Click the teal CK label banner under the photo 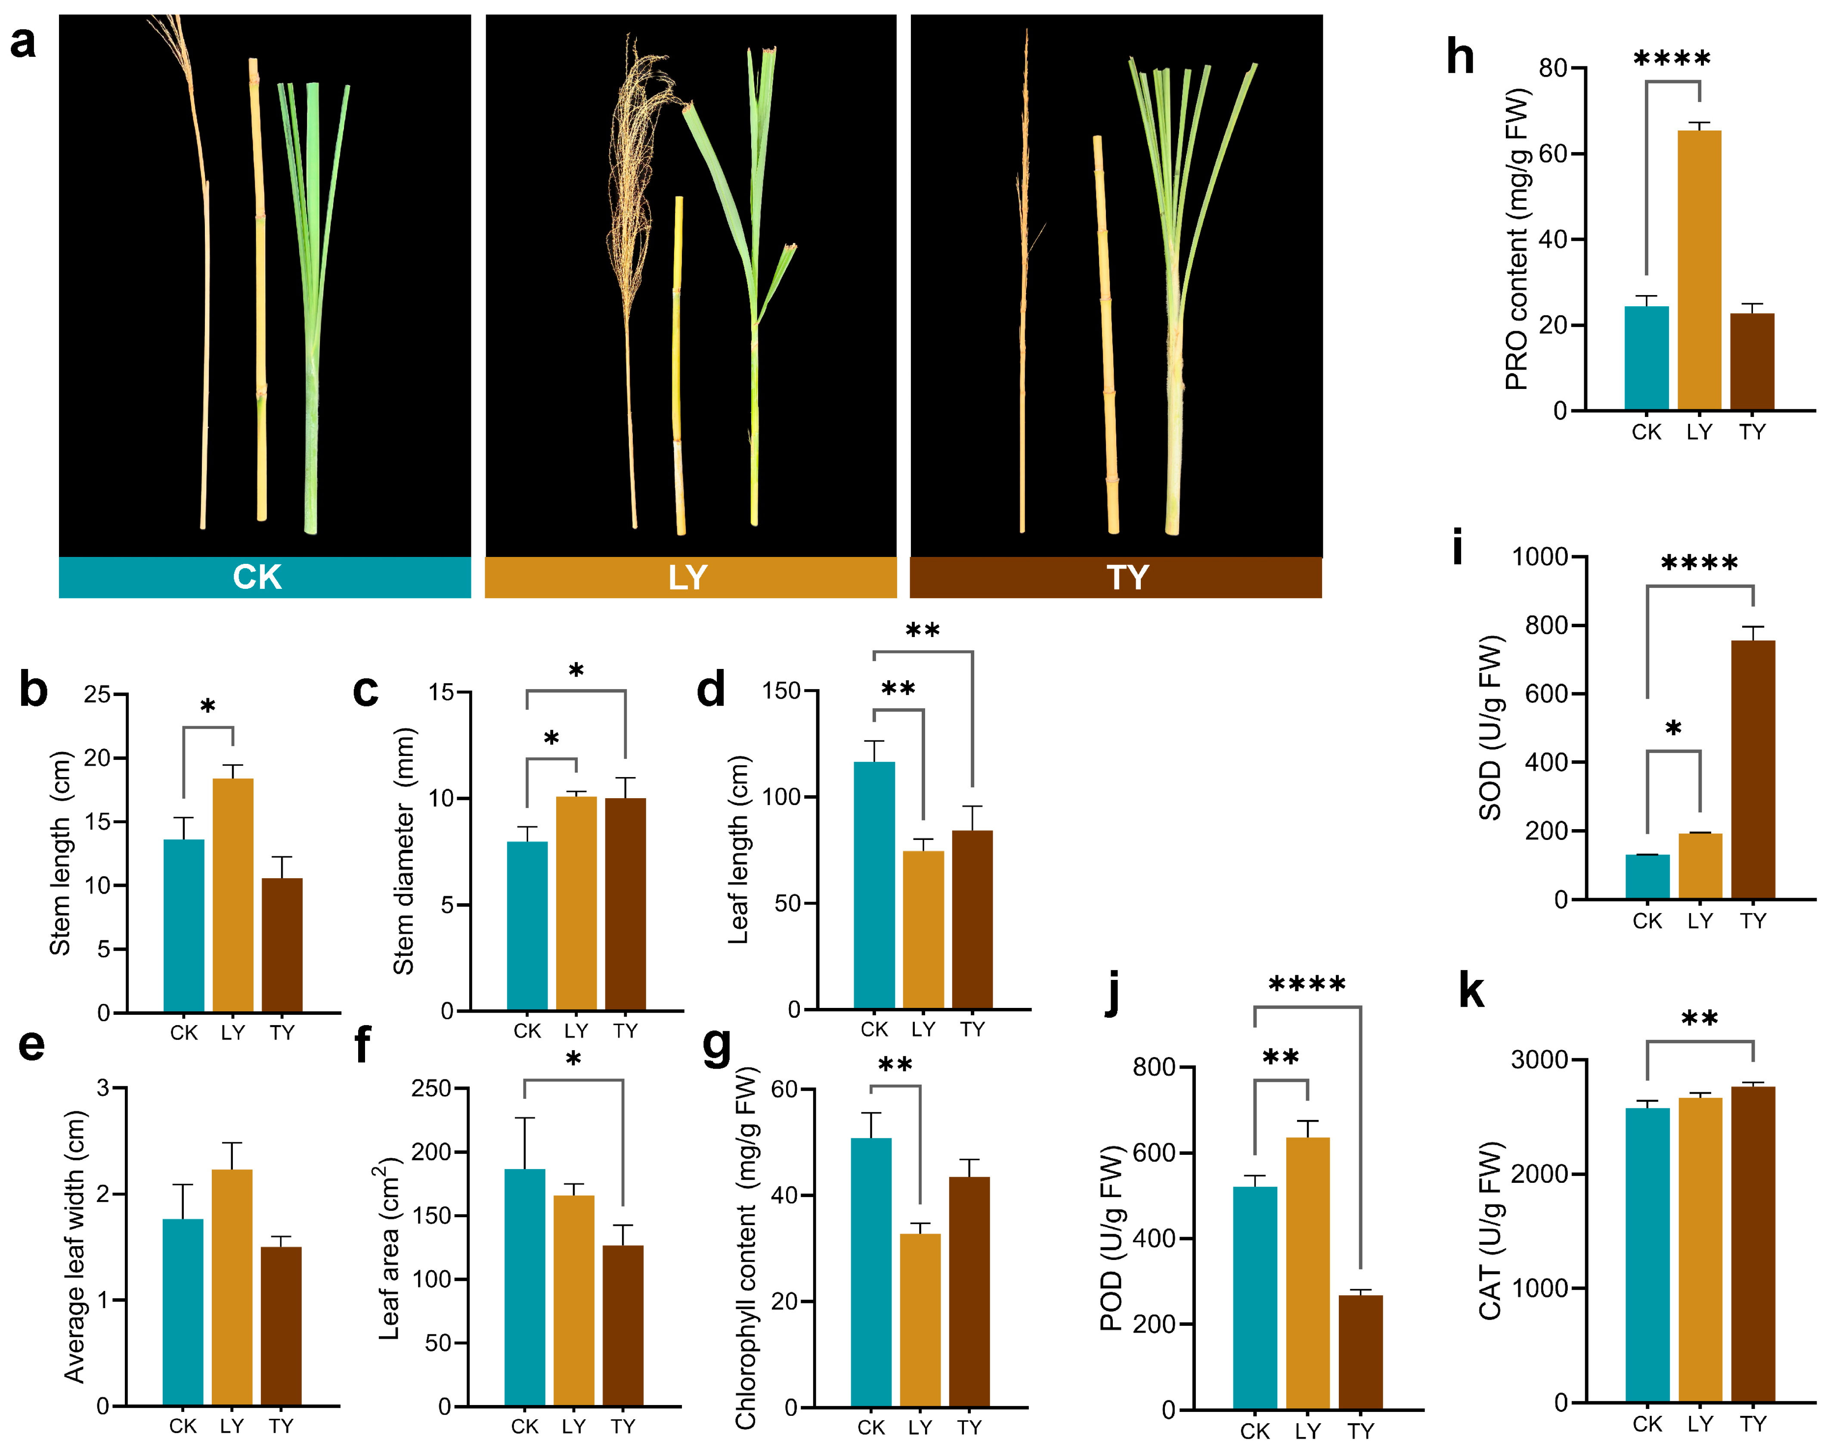264,577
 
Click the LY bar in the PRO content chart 1699,271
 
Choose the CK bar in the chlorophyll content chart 871,1272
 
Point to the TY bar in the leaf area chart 623,1325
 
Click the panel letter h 1460,58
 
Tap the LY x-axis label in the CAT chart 1700,1424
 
